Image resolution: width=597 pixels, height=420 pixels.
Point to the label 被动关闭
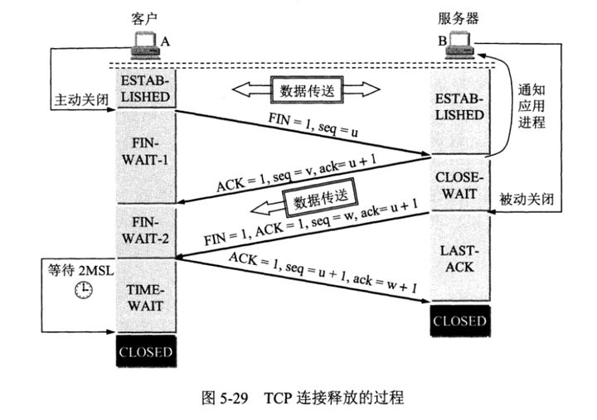click(527, 200)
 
